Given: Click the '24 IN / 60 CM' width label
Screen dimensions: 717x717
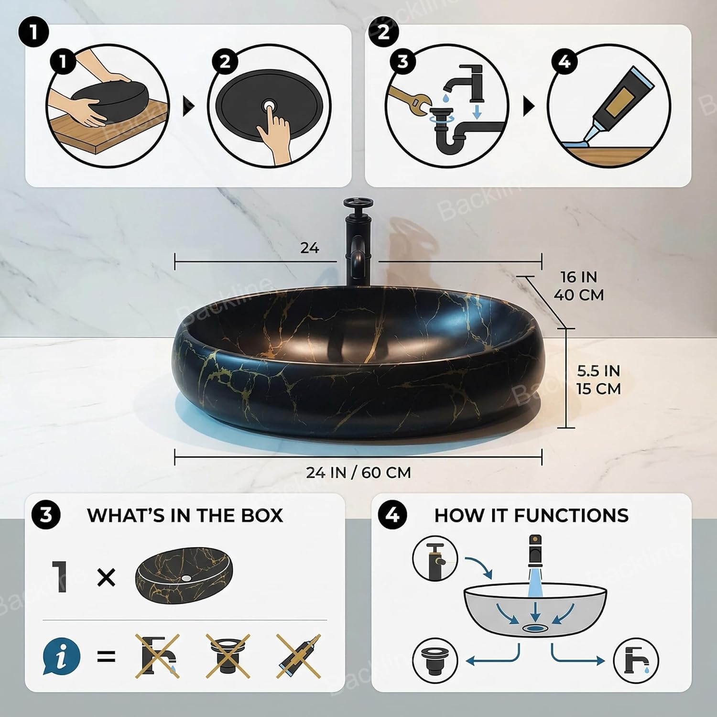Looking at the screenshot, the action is (358, 473).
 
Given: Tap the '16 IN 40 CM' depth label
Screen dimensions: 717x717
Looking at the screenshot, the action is (579, 286).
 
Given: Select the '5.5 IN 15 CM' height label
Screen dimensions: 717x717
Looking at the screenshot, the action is (598, 380).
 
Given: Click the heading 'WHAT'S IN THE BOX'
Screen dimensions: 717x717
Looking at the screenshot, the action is (185, 515).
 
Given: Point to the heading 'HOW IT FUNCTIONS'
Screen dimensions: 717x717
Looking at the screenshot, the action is (532, 515).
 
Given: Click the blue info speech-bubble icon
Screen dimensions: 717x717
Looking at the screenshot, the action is (61, 656).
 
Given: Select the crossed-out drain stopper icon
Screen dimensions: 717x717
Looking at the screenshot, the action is (228, 656).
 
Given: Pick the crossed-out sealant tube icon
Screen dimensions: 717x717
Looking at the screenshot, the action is (299, 656).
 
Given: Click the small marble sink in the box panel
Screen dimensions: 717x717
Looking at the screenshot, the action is (184, 576).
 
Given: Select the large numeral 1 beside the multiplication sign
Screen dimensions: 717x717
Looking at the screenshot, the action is (59, 577).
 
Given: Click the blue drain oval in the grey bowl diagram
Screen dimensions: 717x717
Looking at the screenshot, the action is (535, 628).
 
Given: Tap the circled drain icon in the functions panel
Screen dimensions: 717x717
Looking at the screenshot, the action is (435, 661).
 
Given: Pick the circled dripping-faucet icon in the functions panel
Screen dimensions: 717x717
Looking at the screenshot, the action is (636, 661).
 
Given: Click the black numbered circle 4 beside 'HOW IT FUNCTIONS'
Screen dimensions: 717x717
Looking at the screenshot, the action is (392, 515).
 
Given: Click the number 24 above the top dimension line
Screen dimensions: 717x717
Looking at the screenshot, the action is (310, 248).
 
